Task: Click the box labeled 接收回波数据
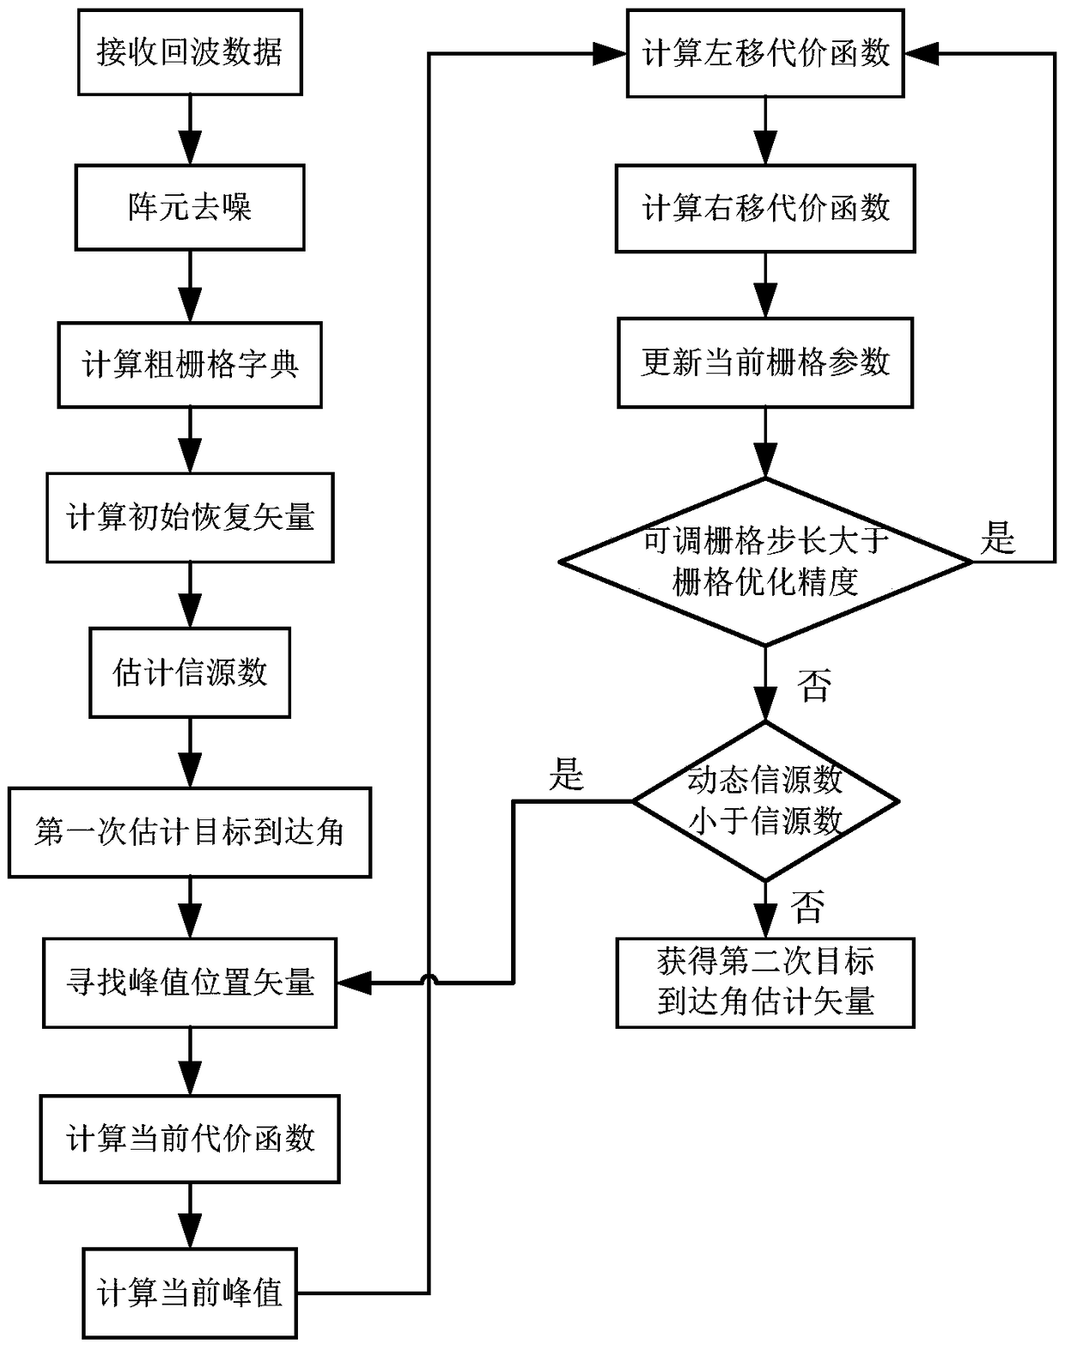click(190, 52)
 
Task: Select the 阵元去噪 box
click(190, 208)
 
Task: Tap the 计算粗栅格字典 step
click(190, 365)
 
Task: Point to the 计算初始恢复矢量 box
click(190, 518)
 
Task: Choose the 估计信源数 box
click(190, 672)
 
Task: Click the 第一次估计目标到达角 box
click(190, 832)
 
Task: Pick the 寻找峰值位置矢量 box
click(190, 982)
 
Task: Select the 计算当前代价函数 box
click(190, 1139)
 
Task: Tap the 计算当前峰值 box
click(190, 1293)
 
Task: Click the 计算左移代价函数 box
click(765, 54)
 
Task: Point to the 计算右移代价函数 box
click(765, 209)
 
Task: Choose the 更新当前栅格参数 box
click(765, 362)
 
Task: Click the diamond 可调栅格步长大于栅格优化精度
click(765, 562)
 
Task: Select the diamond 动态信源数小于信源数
click(765, 801)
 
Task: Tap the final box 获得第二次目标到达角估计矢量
click(765, 982)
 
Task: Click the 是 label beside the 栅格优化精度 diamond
click(998, 539)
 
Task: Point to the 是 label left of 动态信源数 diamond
click(566, 775)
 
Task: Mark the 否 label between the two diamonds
click(812, 686)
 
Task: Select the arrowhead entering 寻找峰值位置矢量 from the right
click(352, 982)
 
